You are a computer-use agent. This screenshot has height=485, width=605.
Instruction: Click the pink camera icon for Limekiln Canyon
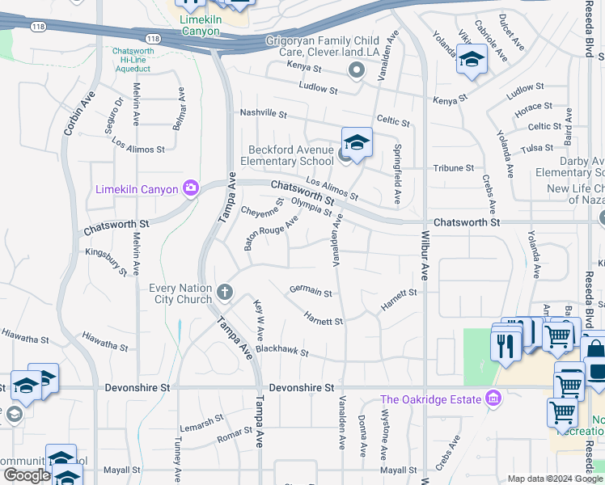click(191, 188)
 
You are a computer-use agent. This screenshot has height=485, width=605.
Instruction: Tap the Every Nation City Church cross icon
click(224, 290)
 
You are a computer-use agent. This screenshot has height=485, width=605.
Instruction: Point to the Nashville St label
click(262, 113)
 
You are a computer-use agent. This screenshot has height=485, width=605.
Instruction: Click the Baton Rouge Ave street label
click(272, 232)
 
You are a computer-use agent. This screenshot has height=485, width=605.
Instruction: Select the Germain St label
click(311, 292)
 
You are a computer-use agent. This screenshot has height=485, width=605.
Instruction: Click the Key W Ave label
click(260, 319)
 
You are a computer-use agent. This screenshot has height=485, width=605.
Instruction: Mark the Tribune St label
click(454, 168)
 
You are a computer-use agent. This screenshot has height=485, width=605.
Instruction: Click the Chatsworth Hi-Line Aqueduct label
click(142, 59)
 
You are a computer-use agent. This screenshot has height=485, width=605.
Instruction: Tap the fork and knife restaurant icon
click(506, 345)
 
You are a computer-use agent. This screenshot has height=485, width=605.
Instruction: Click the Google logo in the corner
click(27, 475)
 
